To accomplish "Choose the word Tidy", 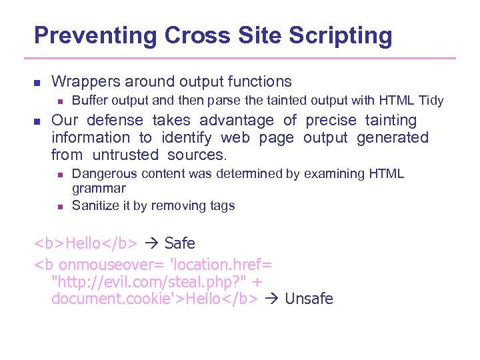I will point(431,101).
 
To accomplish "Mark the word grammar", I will point(99,189).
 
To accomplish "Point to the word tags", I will point(221,205).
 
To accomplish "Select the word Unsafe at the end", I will point(309,299).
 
